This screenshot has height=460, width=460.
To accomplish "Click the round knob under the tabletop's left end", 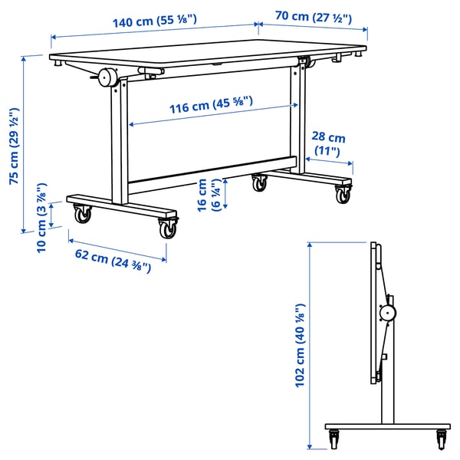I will point(106,77).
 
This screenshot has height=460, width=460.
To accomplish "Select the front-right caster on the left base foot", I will point(167,228).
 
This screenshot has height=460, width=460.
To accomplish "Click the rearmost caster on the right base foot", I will point(260,182).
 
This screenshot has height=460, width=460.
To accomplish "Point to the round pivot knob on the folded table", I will point(388,312).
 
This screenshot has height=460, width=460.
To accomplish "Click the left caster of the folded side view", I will point(334,439).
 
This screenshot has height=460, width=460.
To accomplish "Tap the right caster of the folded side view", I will point(442,439).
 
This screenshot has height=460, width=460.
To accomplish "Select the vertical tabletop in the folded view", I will point(375,314).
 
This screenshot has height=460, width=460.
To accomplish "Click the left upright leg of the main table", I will point(117,146).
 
